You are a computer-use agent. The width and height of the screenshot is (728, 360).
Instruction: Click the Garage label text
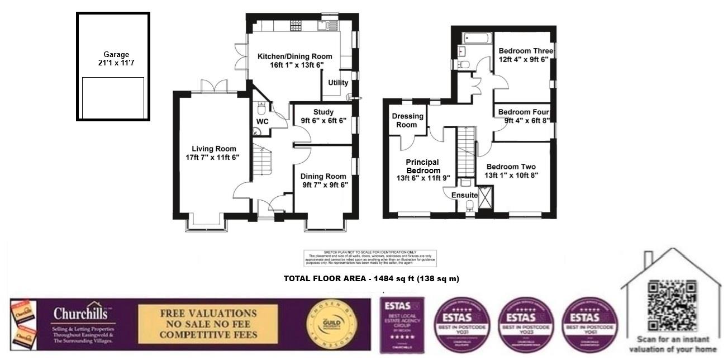[116, 55]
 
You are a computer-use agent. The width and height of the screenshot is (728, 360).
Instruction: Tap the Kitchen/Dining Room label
[294, 56]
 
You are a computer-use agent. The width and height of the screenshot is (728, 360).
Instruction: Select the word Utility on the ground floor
[338, 83]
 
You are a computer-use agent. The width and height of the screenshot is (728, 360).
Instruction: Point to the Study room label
[323, 112]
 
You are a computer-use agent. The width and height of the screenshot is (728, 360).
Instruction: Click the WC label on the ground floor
[263, 121]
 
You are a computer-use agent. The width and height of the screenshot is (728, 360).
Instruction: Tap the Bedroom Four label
[524, 111]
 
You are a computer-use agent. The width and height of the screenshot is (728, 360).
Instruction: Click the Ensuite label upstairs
[464, 195]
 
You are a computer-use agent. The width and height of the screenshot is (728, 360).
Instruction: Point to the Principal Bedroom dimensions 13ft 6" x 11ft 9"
[422, 179]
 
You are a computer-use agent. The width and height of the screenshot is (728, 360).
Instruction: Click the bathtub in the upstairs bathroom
[476, 38]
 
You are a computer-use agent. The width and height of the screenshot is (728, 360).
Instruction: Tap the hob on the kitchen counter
[296, 25]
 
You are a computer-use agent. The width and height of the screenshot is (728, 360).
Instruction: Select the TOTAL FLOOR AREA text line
[371, 278]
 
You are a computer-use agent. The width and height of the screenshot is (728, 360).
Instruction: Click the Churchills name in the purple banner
[84, 314]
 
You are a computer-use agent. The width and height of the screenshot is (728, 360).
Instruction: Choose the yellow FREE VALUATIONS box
[208, 324]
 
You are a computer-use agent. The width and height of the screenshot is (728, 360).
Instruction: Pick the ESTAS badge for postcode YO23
[520, 324]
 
